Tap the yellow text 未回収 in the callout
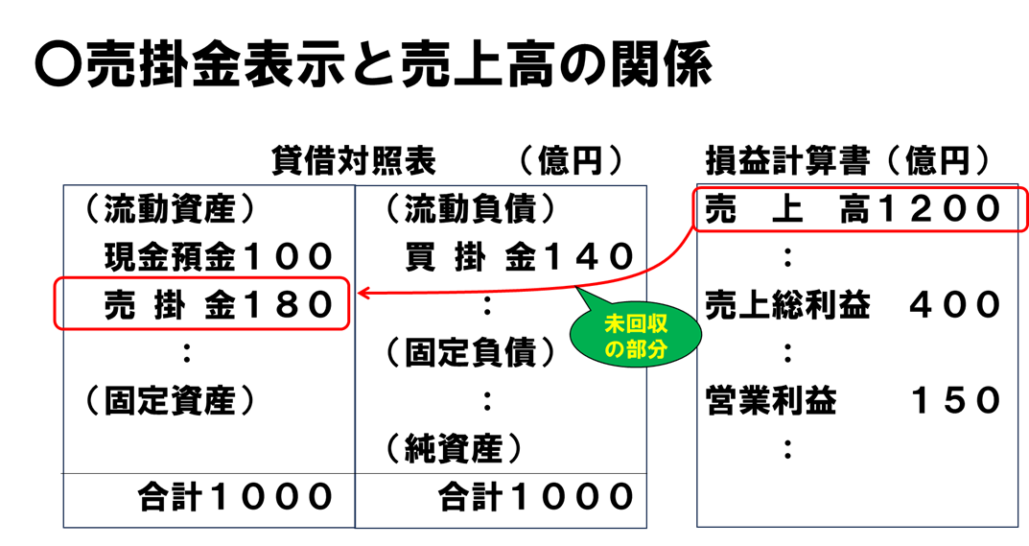coord(636,324)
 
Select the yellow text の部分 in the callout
coord(636,350)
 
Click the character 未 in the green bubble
coord(615,324)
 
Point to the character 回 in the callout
coord(636,324)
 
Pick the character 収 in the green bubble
coord(657,324)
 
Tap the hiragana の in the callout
coord(615,350)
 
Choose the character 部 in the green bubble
coord(636,350)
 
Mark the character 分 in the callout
coord(657,350)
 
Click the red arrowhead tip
coord(358,294)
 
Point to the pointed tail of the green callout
coord(578,289)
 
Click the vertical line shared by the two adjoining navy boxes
coord(355,403)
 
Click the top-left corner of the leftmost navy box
coord(63,185)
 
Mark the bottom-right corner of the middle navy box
coord(646,528)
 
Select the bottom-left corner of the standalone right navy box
coord(697,526)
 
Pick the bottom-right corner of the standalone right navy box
coord(1017,526)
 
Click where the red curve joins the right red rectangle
coord(692,226)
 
